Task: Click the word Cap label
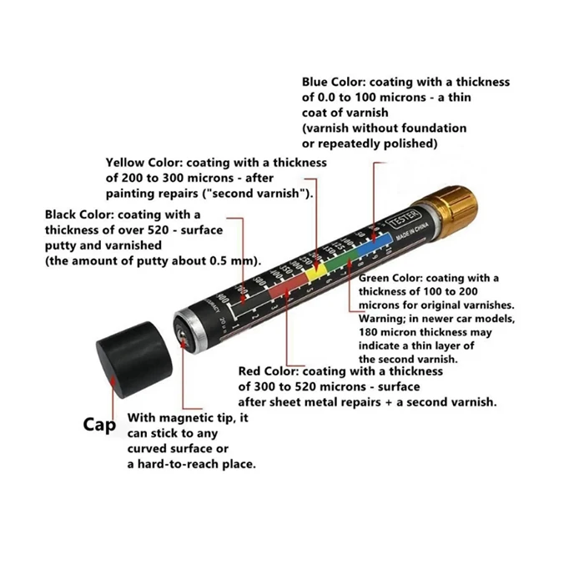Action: click(x=99, y=424)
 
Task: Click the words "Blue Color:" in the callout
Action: click(x=333, y=83)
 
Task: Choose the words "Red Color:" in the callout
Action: click(x=269, y=371)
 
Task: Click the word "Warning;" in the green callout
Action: click(x=381, y=319)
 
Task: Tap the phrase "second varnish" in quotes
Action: click(x=264, y=194)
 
